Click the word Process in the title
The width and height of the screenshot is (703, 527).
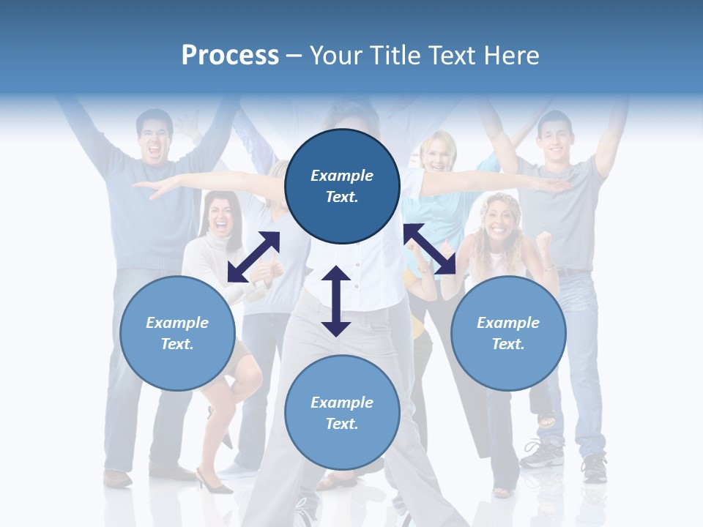(230, 55)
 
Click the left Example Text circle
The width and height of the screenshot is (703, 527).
(177, 333)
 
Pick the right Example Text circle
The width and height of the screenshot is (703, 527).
(508, 333)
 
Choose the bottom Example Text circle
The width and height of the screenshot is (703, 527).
(342, 413)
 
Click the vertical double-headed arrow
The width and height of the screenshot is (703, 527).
(336, 301)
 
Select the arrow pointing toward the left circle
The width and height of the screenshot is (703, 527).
(253, 257)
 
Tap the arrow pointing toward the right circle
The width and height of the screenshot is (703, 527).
(430, 250)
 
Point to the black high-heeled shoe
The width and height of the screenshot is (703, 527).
(212, 484)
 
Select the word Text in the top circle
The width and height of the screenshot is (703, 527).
(342, 197)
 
